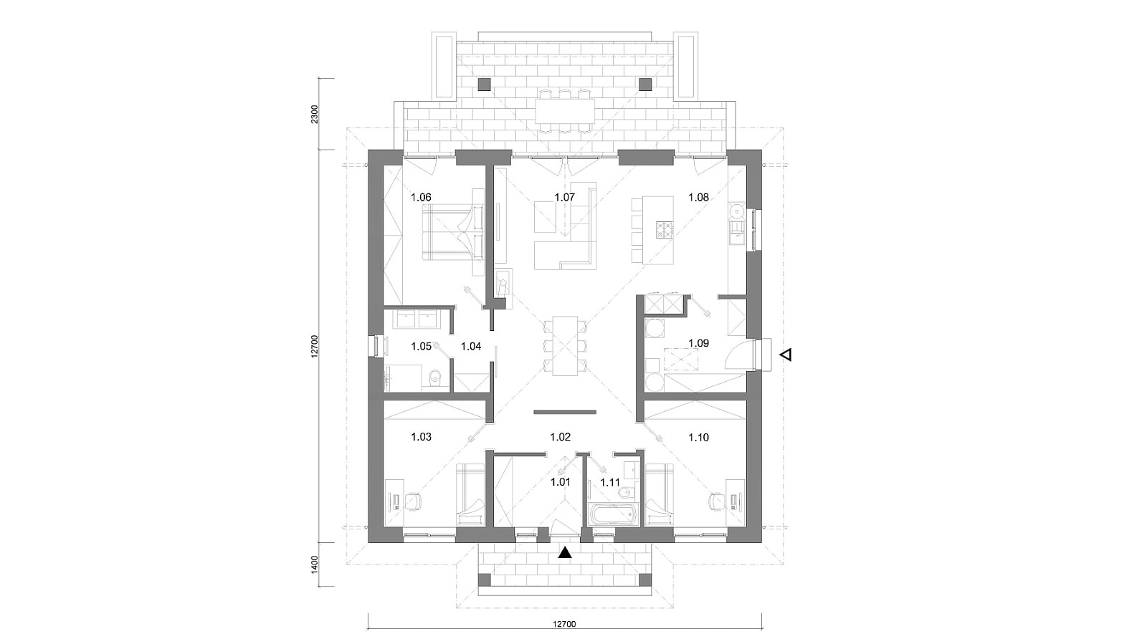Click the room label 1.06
pyautogui.click(x=421, y=197)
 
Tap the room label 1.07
pyautogui.click(x=564, y=197)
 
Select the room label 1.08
pyautogui.click(x=698, y=197)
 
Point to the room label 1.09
pyautogui.click(x=698, y=342)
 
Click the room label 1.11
pyautogui.click(x=610, y=482)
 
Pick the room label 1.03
pyautogui.click(x=421, y=437)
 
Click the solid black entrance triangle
pyautogui.click(x=564, y=552)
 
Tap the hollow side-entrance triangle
pyautogui.click(x=786, y=355)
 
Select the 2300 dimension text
pyautogui.click(x=315, y=114)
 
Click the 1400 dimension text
pyautogui.click(x=315, y=564)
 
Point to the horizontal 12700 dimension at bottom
pyautogui.click(x=564, y=624)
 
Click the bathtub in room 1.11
pyautogui.click(x=612, y=513)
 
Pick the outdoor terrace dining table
pyautogui.click(x=565, y=111)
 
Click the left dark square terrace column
pyautogui.click(x=485, y=85)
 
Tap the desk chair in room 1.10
pyautogui.click(x=716, y=501)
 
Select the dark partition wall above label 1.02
pyautogui.click(x=565, y=411)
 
